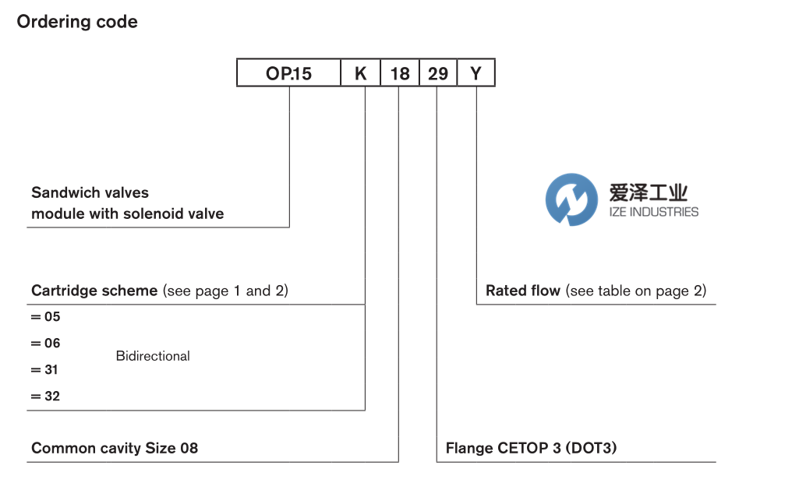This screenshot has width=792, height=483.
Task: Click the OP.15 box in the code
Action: tap(288, 74)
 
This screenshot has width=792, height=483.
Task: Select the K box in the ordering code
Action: tap(360, 74)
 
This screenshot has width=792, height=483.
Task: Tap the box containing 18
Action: tap(399, 74)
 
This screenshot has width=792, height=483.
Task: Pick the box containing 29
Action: tap(438, 74)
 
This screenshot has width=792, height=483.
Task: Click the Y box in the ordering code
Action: tap(476, 74)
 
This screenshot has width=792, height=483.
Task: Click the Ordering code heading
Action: tap(77, 22)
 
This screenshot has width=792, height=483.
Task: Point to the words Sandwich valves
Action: tap(90, 192)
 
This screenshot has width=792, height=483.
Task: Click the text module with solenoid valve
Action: tap(127, 213)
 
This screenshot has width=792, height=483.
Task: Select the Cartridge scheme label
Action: tap(94, 291)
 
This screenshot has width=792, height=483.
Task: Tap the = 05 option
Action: tap(45, 317)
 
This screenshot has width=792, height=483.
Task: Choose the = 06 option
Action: tap(45, 344)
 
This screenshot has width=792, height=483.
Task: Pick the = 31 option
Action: tap(45, 370)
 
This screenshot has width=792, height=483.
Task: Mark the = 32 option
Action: tap(45, 397)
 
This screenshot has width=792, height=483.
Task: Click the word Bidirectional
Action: tap(153, 356)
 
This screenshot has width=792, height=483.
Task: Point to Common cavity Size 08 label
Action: tap(115, 448)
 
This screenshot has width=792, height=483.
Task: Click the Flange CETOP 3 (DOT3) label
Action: tap(532, 448)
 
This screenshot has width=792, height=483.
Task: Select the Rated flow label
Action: tap(523, 291)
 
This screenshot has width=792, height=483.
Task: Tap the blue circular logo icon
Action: tap(571, 199)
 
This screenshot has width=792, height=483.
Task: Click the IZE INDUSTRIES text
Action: tap(653, 212)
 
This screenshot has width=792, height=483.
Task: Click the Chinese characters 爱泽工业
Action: tap(648, 192)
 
